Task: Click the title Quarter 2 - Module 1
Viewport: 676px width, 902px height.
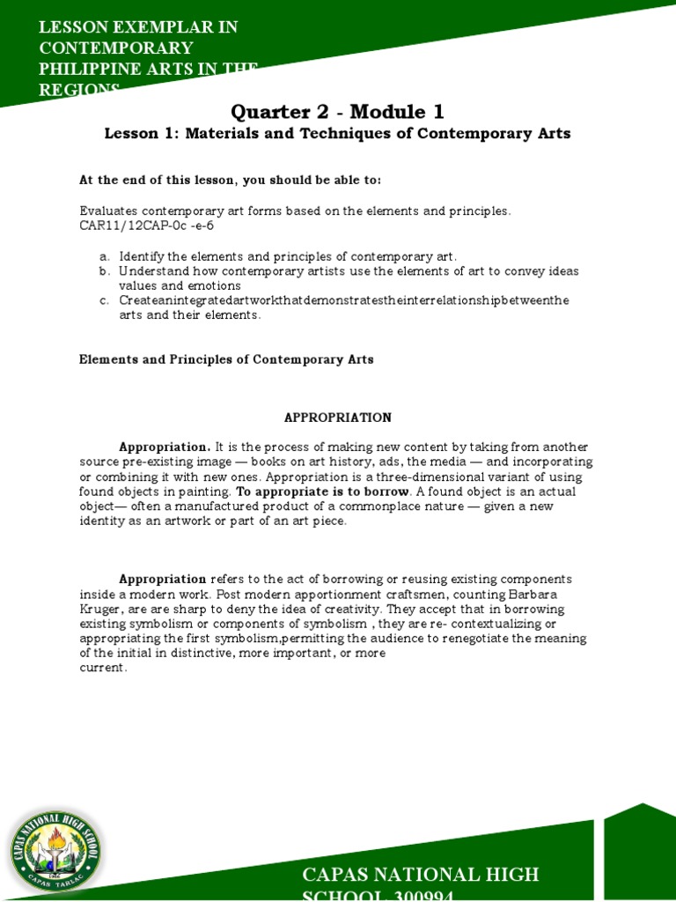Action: coord(337,112)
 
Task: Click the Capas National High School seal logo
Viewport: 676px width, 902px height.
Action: coord(55,847)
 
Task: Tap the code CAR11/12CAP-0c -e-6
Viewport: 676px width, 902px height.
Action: coord(146,225)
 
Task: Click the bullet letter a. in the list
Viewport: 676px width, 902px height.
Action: coord(105,255)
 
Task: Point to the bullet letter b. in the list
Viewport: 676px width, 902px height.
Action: coord(105,270)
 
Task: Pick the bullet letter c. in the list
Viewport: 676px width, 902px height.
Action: coord(105,300)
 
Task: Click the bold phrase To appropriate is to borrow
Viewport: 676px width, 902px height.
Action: coord(323,491)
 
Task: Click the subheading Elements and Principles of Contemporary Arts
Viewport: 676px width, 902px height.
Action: coord(226,359)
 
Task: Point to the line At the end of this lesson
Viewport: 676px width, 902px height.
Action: coord(230,180)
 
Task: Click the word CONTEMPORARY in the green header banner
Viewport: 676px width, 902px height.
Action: coord(117,48)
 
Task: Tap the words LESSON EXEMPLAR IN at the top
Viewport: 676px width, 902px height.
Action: coord(138,26)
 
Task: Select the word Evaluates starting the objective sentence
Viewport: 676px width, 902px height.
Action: coord(108,211)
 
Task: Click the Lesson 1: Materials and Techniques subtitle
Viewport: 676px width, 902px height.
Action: coord(337,134)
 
